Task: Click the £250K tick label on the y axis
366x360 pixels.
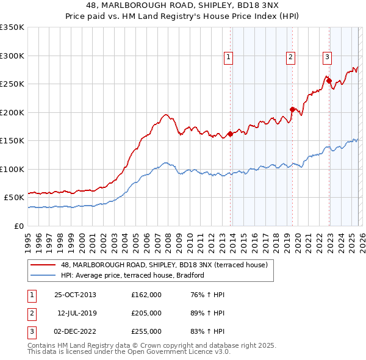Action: point(12,84)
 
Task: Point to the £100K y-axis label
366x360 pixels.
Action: point(12,169)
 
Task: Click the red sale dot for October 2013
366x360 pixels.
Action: point(231,134)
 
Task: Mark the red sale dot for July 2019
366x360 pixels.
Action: point(292,109)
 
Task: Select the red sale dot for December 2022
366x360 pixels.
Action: point(329,81)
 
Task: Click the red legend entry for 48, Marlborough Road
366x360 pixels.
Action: point(165,265)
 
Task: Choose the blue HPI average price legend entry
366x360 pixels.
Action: point(132,275)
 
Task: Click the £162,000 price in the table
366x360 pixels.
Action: point(146,295)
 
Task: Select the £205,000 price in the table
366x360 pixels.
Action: point(146,313)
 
